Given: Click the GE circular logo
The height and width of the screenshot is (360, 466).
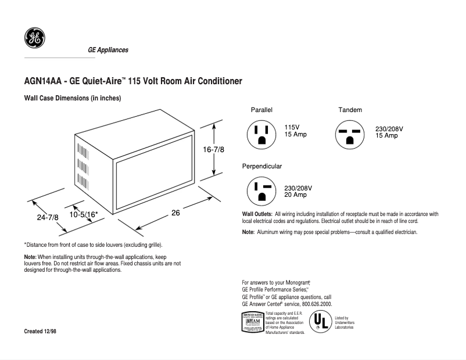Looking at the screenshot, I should (33, 39).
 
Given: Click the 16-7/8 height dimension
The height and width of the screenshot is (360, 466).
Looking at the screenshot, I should (213, 149).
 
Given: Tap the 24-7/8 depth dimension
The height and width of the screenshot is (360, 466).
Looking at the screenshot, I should (48, 217).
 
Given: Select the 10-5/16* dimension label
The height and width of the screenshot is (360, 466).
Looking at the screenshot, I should (83, 215).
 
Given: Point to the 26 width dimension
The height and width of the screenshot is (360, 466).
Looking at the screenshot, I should (175, 213).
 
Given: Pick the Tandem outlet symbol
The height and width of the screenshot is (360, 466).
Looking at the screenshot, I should (349, 135).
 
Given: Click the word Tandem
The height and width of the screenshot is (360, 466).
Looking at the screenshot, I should (350, 110).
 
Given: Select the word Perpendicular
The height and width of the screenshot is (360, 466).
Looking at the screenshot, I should (262, 166).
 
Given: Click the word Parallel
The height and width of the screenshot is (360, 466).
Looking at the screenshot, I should (261, 110).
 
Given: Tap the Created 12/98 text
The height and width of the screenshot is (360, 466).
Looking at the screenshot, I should (40, 330).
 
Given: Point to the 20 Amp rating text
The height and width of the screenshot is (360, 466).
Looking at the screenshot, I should (296, 195).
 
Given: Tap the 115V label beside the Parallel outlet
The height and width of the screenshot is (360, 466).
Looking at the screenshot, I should (292, 127).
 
